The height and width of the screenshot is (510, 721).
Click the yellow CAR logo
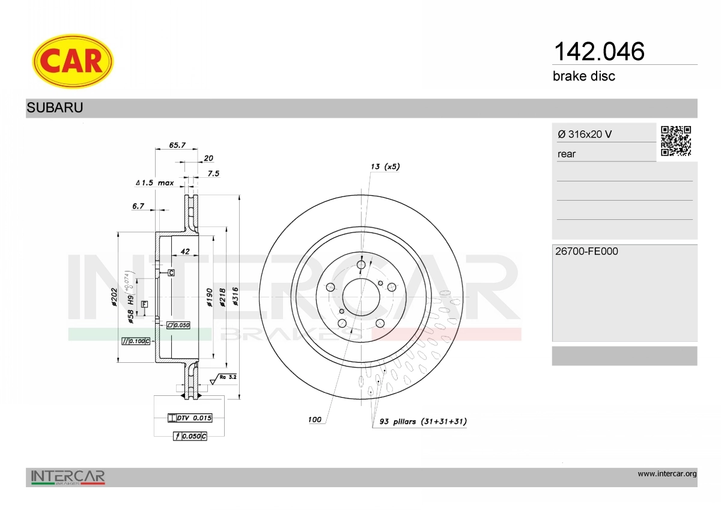click(x=73, y=61)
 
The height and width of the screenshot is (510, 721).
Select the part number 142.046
click(x=599, y=51)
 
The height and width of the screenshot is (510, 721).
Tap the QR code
click(x=676, y=141)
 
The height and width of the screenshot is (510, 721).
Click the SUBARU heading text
click(x=55, y=108)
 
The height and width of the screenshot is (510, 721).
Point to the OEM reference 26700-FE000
click(x=586, y=251)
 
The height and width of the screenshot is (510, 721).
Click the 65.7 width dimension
click(x=177, y=145)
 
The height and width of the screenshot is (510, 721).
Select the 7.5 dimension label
click(x=213, y=174)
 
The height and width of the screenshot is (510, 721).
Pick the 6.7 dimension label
click(x=138, y=206)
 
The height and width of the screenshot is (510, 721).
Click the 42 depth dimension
click(x=185, y=251)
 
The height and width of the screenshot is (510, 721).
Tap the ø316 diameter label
click(x=236, y=296)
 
